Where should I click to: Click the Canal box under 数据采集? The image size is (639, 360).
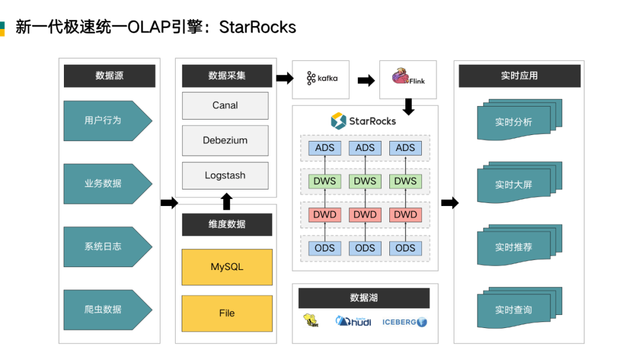pos(225,105)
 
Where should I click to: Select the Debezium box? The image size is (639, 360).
pos(225,140)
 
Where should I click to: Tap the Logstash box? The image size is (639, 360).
pos(225,175)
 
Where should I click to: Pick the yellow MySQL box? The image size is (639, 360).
pos(227,267)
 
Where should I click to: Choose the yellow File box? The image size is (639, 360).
pos(227,313)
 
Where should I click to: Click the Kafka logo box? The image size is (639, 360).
pos(321,79)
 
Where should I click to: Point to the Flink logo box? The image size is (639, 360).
pos(408,79)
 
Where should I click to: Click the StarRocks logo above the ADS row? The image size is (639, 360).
pos(363,121)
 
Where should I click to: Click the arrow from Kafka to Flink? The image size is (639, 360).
pos(366,80)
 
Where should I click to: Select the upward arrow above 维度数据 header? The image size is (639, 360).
pos(226,202)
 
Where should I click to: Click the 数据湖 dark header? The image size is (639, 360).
pos(364,298)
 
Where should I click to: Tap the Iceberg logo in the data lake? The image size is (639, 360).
pos(405,322)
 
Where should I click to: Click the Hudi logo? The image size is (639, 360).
pos(353,322)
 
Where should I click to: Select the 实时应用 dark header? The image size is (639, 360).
pos(519,76)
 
